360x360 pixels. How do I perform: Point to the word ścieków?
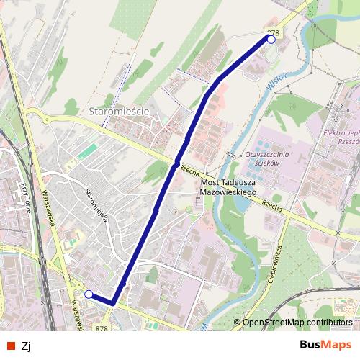coord(266,163)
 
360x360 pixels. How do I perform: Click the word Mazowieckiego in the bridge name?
coord(228,193)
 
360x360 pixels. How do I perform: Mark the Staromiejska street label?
coord(96,204)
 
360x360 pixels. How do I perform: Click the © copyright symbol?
coord(237,323)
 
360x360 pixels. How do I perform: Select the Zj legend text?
coord(27,345)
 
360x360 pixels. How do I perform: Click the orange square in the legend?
coord(9,345)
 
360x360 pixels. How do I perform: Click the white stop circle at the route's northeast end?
coord(271,40)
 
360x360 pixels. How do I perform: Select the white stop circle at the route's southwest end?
coord(89,294)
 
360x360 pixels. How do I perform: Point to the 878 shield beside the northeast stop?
coord(273,32)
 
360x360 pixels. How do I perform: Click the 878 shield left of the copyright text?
coord(102,328)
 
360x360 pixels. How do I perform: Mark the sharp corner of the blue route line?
coord(113,304)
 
